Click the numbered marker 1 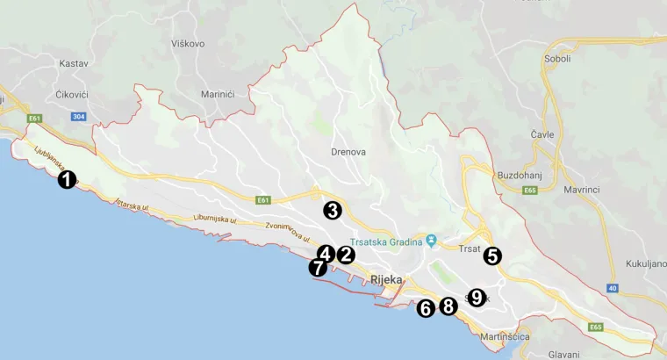[x=66, y=180]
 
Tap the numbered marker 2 [x=345, y=256]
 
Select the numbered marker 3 [x=332, y=210]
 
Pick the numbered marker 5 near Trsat [x=491, y=256]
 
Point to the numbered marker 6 [x=426, y=308]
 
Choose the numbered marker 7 [x=317, y=268]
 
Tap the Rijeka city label [x=386, y=281]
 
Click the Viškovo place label [x=188, y=43]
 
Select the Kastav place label [x=73, y=64]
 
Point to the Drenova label [x=348, y=152]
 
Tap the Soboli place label [x=557, y=59]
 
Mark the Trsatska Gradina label [x=385, y=241]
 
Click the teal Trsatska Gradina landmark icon [x=431, y=240]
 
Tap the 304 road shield [x=79, y=117]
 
